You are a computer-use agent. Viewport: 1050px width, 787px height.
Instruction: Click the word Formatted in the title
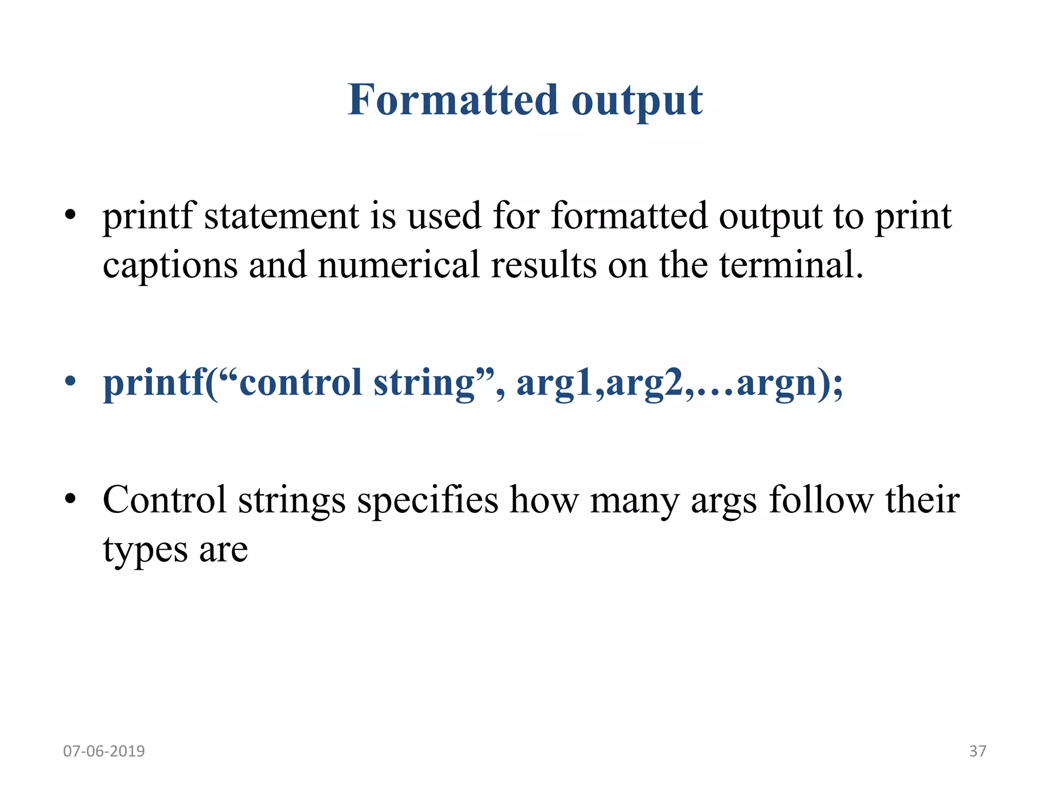click(453, 100)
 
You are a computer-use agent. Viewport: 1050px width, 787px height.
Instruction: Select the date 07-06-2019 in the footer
click(104, 751)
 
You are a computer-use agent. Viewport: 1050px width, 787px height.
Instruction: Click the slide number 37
click(977, 751)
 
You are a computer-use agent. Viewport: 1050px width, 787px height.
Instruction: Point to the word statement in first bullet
click(281, 216)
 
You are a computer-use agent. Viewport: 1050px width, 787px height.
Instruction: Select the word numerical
click(398, 265)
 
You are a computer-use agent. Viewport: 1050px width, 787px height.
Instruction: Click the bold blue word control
click(300, 383)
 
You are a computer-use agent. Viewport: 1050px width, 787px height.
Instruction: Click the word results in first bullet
click(543, 265)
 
